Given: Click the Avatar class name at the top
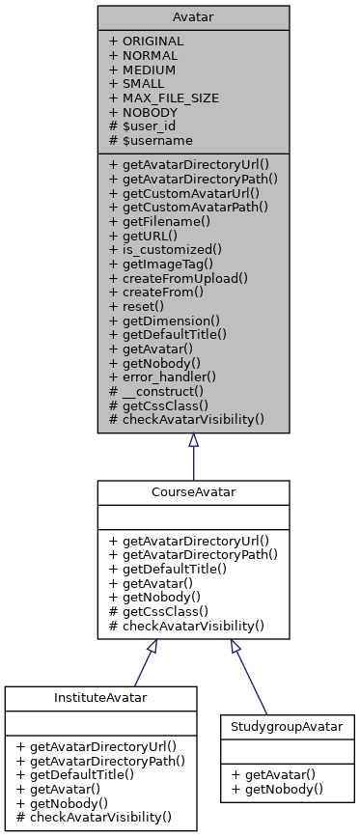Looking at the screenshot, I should click(x=193, y=16).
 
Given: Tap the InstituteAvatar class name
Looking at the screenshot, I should click(x=100, y=698).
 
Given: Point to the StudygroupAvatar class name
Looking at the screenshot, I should click(x=287, y=725).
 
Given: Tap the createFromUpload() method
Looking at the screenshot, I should click(x=179, y=277).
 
